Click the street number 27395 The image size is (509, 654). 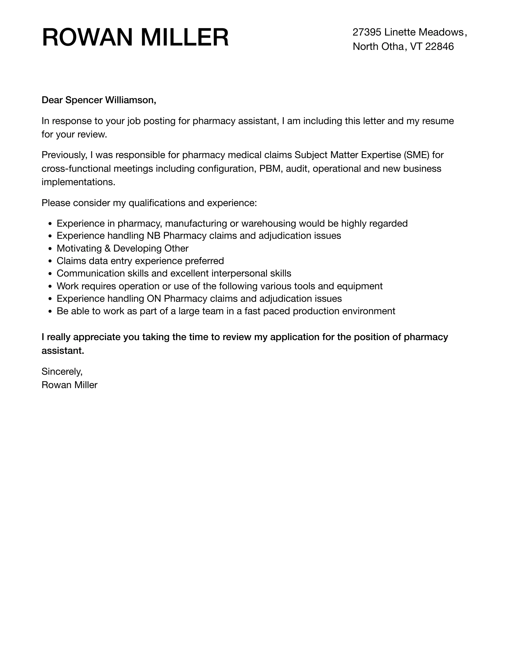click(x=367, y=32)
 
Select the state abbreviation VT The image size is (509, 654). click(x=416, y=46)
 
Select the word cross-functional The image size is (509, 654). click(x=76, y=169)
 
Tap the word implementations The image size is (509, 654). click(x=78, y=182)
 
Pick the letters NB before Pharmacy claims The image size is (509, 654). click(x=153, y=236)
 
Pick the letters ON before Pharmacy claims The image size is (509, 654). click(x=154, y=299)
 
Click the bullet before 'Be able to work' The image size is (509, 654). click(x=50, y=311)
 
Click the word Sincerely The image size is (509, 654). click(x=62, y=372)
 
